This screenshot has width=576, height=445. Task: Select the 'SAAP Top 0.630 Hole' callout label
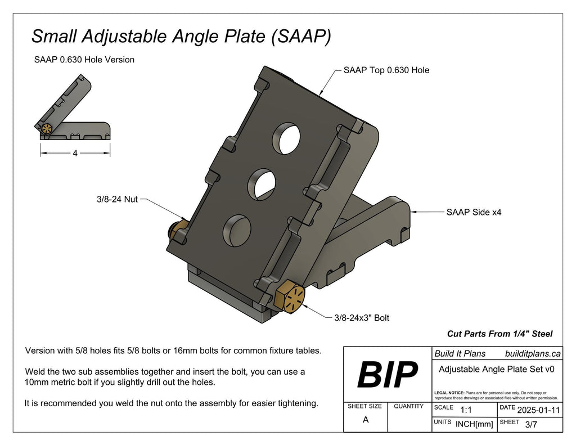click(x=386, y=70)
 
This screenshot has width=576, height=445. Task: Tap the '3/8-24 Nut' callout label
click(x=116, y=199)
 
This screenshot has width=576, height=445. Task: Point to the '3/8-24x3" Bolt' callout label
click(x=361, y=318)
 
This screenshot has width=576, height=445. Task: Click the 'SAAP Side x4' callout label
click(x=474, y=212)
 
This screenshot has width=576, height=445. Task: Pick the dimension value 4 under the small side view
click(x=75, y=154)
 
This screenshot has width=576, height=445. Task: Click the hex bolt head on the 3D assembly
click(x=291, y=296)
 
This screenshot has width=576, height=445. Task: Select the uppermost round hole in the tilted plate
click(x=286, y=138)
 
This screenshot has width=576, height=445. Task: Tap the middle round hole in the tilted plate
click(x=261, y=183)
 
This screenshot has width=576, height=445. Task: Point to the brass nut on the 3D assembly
click(x=181, y=228)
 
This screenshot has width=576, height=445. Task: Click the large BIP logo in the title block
click(x=388, y=374)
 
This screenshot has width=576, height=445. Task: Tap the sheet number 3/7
click(x=531, y=425)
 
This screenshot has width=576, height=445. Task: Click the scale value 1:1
click(x=466, y=410)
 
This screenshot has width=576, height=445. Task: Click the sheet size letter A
click(x=366, y=420)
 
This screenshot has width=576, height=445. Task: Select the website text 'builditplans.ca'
click(x=533, y=354)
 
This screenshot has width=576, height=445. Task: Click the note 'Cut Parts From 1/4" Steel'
click(x=499, y=334)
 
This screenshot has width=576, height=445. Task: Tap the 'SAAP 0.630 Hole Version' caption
click(x=84, y=60)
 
